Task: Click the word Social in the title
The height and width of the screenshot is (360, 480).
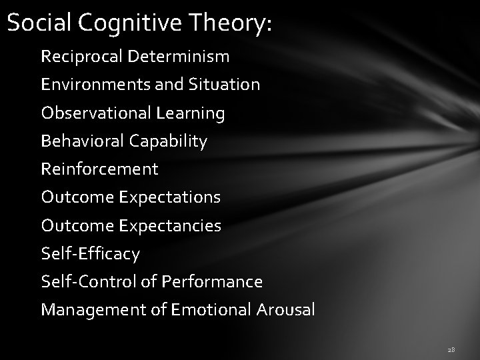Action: tap(39, 23)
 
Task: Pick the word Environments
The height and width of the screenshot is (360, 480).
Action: tap(83, 85)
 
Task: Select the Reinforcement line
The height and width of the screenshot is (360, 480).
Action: tap(100, 169)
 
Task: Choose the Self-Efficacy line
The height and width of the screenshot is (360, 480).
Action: tap(91, 254)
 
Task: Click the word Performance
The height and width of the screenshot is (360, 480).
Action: tap(212, 282)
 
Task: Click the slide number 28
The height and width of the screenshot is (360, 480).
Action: tap(451, 349)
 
